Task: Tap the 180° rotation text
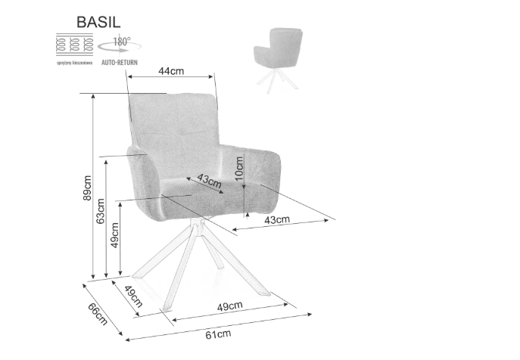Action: pyautogui.click(x=122, y=42)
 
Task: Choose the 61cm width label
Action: pyautogui.click(x=218, y=333)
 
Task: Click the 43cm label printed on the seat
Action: pyautogui.click(x=208, y=181)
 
